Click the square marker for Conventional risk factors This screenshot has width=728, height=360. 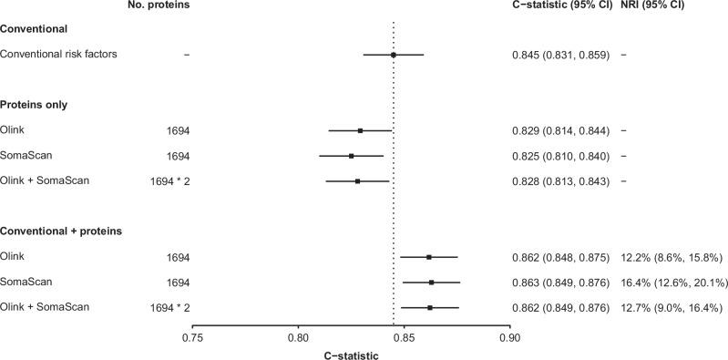pyautogui.click(x=394, y=55)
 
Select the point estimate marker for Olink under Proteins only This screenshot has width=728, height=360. pyautogui.click(x=360, y=130)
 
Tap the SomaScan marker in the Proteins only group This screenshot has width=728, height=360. pyautogui.click(x=352, y=156)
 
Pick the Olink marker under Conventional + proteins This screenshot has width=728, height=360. pyautogui.click(x=429, y=257)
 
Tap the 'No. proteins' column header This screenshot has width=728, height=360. pyautogui.click(x=160, y=5)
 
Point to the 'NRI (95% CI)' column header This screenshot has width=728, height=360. pyautogui.click(x=652, y=5)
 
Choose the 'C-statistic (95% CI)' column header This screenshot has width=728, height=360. pyautogui.click(x=561, y=5)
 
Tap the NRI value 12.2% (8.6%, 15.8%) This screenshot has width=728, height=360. pyautogui.click(x=669, y=257)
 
